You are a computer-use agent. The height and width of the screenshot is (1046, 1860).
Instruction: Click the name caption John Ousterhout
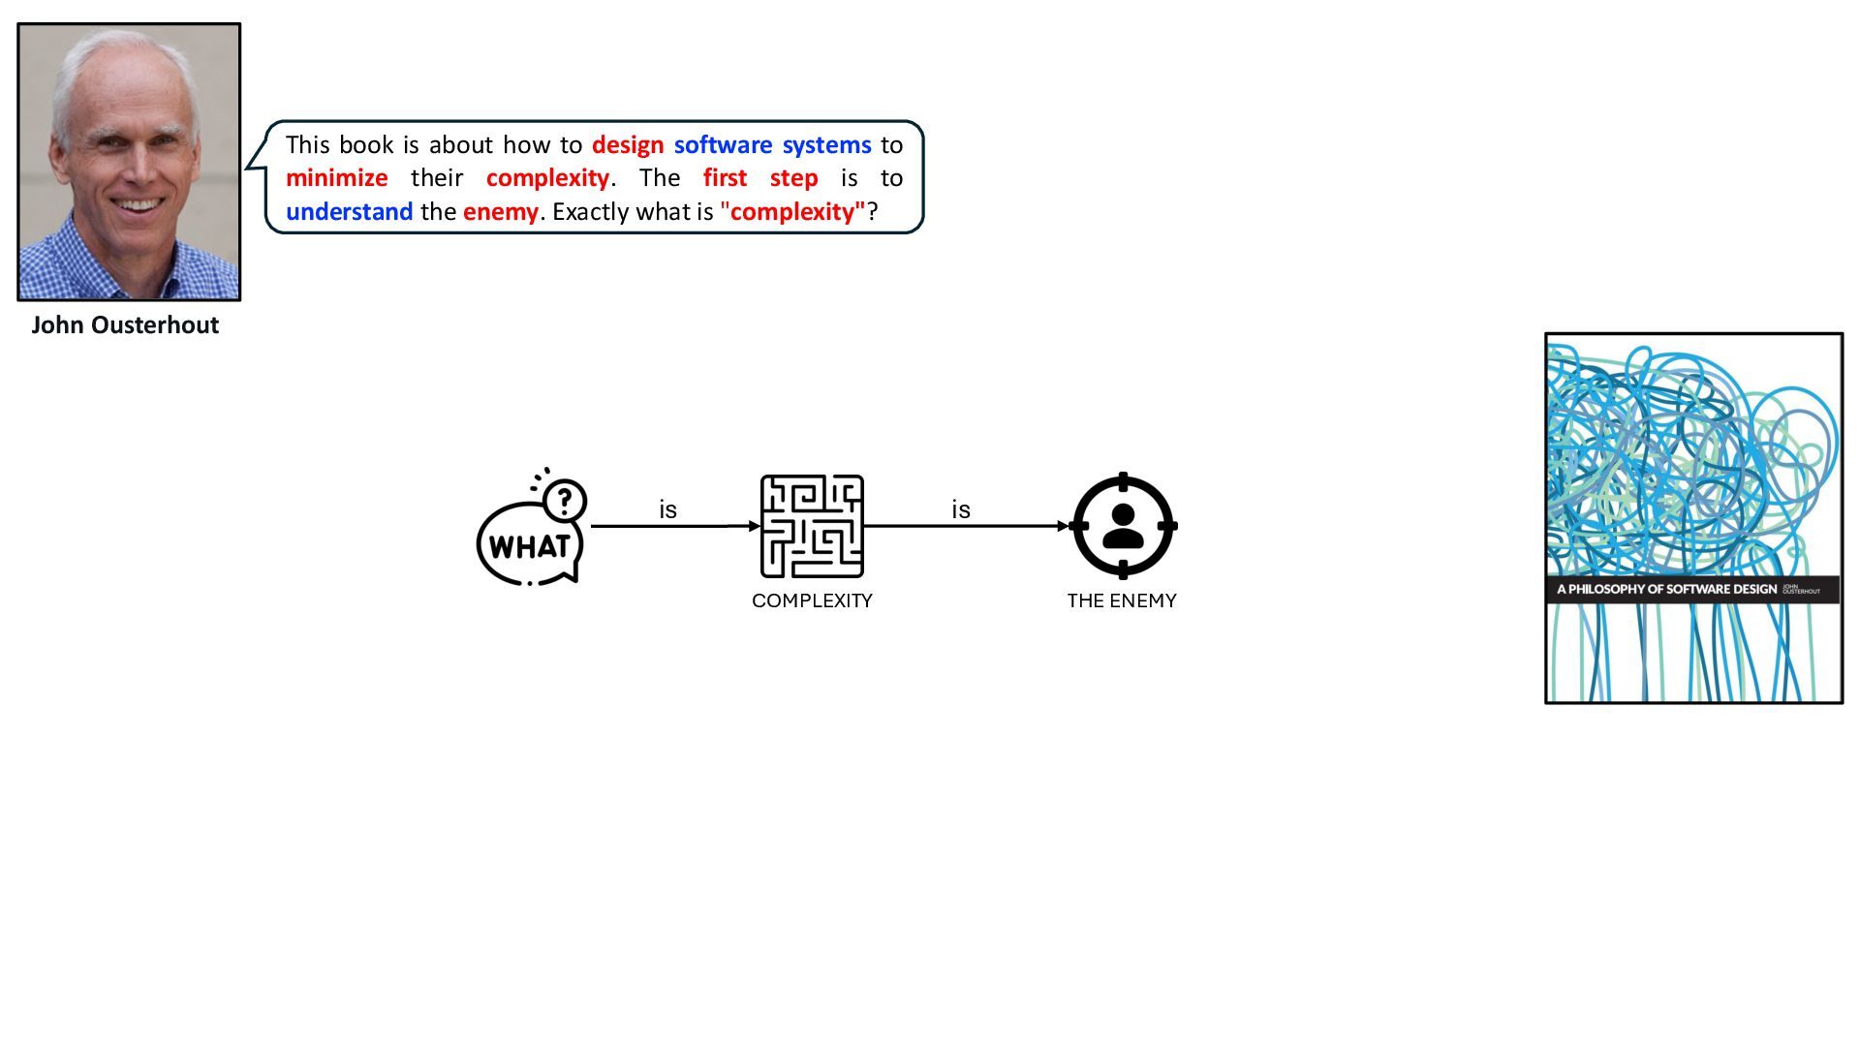[x=125, y=325]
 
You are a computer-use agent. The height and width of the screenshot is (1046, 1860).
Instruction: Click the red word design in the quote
[x=628, y=145]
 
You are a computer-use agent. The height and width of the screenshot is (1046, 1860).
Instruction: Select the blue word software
[x=723, y=145]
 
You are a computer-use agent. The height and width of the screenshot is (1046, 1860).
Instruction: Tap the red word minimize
[x=336, y=178]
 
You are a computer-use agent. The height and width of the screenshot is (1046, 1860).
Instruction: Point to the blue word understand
[x=349, y=212]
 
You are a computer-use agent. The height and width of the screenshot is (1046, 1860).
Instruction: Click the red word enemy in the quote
[x=500, y=212]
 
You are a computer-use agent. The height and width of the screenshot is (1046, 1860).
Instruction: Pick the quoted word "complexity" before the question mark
[x=792, y=212]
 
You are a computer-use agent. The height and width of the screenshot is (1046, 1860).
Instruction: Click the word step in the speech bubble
[x=793, y=178]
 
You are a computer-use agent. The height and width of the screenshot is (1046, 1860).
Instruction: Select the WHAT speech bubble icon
[x=529, y=544]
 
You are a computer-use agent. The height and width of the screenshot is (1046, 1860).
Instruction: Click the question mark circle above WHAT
[x=565, y=501]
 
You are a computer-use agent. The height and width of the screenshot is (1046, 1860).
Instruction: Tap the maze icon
[x=812, y=526]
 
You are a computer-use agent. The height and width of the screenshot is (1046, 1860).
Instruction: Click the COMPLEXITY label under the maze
[x=812, y=600]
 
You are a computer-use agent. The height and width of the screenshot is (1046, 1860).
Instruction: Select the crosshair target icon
[x=1123, y=526]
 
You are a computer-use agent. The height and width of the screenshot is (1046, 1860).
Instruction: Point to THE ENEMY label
[x=1122, y=600]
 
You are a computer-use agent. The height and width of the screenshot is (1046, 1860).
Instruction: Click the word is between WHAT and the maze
[x=667, y=509]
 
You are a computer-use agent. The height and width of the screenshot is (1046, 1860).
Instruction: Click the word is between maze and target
[x=960, y=509]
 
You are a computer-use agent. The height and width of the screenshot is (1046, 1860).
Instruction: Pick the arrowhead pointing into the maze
[x=755, y=526]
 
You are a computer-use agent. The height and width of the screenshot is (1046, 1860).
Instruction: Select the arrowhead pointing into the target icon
[x=1063, y=526]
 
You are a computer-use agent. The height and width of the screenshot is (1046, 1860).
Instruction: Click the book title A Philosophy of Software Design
[x=1666, y=589]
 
